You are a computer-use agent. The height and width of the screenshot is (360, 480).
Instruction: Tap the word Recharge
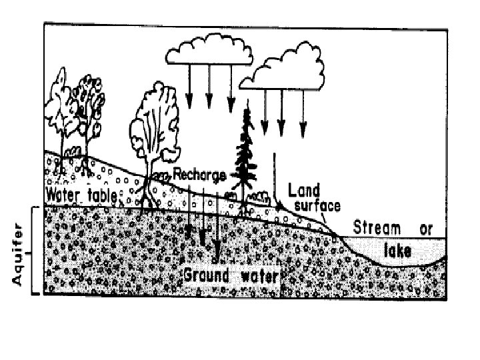[x=199, y=173]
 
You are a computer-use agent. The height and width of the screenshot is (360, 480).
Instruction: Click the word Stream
[x=377, y=229]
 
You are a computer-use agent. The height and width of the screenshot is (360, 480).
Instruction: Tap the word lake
[x=399, y=251]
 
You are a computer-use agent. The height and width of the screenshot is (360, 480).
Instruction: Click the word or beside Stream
[x=426, y=229]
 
